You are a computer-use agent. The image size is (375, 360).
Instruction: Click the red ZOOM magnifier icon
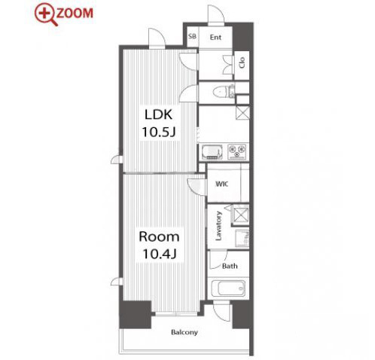click(45, 14)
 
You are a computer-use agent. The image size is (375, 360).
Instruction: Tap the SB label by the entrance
click(192, 36)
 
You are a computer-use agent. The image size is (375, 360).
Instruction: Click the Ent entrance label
click(215, 38)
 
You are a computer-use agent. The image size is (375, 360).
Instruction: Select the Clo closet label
click(242, 63)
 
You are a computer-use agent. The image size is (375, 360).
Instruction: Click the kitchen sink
click(212, 152)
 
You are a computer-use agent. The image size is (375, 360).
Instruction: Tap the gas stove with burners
click(237, 151)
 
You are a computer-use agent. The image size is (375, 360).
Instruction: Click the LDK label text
click(159, 114)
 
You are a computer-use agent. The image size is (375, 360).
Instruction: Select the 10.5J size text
click(159, 132)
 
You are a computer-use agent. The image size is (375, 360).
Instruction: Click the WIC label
click(222, 184)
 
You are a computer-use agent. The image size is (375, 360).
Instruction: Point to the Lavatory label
click(218, 226)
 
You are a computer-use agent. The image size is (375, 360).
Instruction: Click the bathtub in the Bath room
click(228, 288)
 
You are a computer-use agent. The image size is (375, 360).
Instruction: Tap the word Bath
click(230, 266)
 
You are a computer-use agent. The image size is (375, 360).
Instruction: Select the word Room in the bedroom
click(159, 236)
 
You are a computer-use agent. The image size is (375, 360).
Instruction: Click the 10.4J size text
click(159, 254)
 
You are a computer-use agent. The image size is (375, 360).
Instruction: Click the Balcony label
click(184, 332)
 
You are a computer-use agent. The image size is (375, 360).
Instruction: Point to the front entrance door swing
click(216, 14)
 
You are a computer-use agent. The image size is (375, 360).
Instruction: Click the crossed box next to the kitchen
click(242, 113)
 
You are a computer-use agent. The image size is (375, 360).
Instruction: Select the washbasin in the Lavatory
click(242, 238)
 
